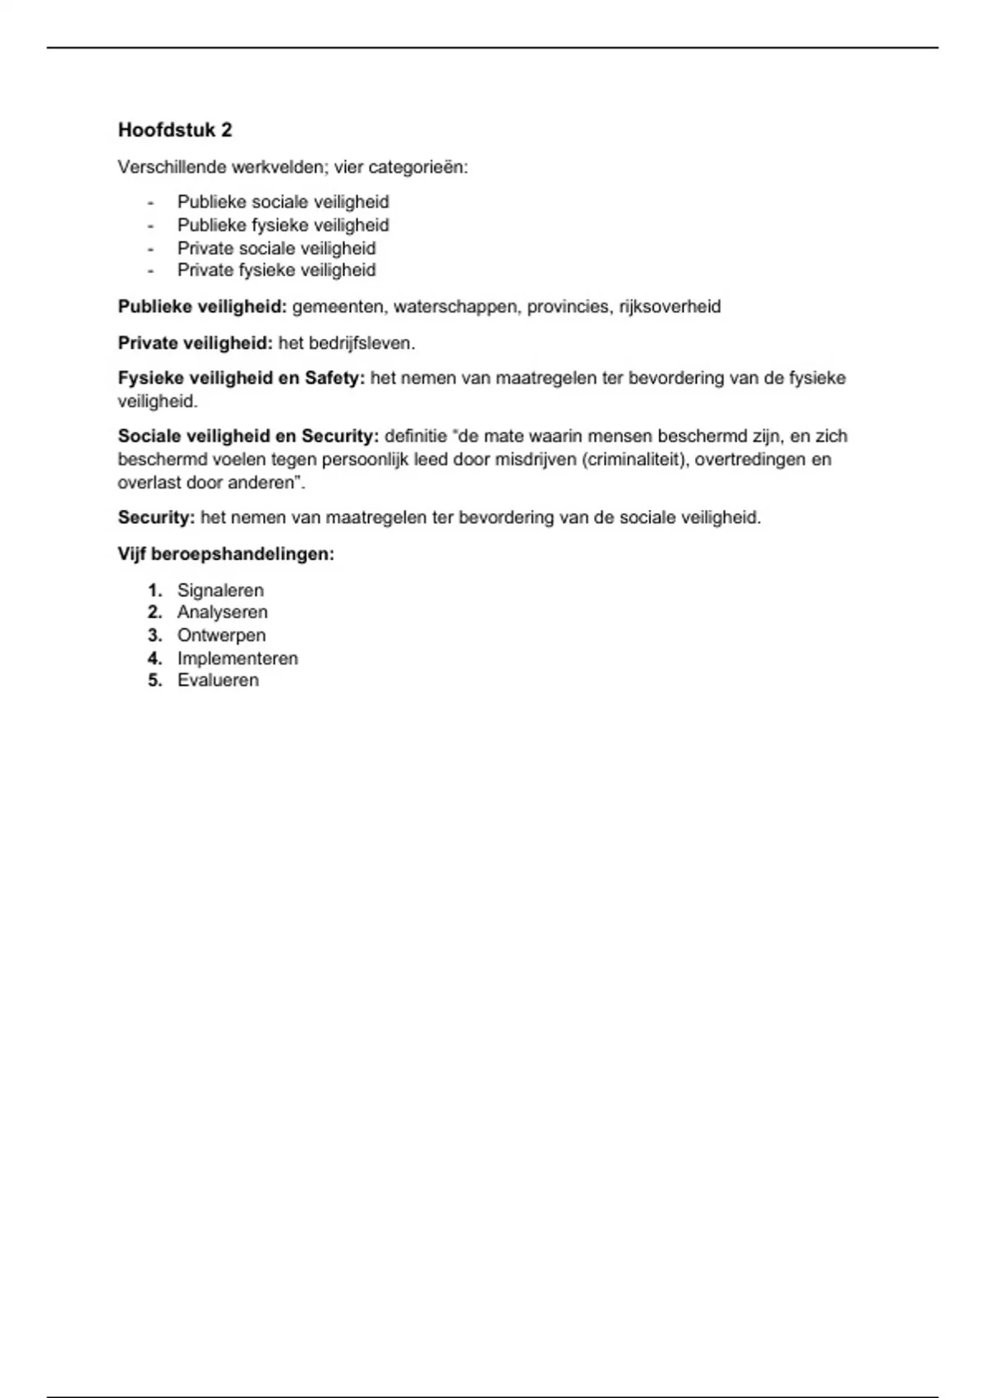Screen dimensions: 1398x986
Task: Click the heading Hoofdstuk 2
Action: (175, 130)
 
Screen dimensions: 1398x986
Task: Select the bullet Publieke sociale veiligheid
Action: (283, 202)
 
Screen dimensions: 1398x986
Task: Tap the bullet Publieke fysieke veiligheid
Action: (283, 225)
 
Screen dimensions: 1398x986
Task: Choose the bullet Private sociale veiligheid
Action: (276, 248)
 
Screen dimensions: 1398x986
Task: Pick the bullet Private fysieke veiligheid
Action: (276, 271)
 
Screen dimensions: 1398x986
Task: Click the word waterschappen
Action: (455, 307)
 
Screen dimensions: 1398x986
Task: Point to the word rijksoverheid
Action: (670, 307)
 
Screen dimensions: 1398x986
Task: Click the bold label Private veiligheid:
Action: (195, 343)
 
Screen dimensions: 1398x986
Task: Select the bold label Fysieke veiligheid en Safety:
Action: (241, 378)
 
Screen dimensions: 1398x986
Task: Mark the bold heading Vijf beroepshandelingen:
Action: (226, 554)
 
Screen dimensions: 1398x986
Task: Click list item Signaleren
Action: (220, 590)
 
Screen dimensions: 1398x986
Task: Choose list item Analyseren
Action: (222, 613)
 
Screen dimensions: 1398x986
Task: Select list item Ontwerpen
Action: (221, 636)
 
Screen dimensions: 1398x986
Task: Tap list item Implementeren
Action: (237, 659)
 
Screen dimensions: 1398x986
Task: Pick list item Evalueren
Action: (218, 681)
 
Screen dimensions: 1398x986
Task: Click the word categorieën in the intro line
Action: (417, 168)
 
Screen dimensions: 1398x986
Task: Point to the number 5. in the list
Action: (154, 681)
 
